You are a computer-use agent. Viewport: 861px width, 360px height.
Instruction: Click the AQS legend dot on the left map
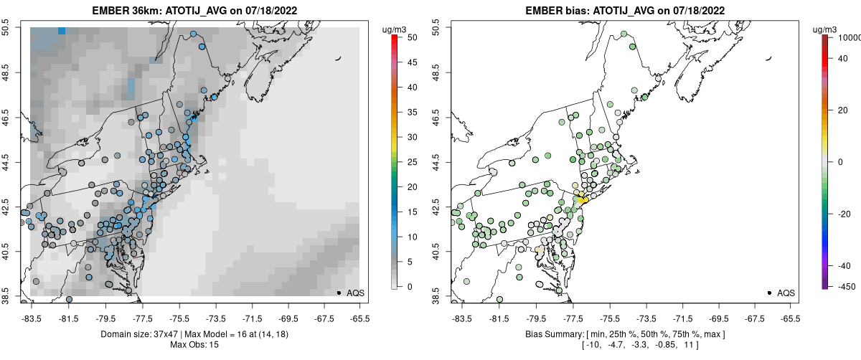[339, 293]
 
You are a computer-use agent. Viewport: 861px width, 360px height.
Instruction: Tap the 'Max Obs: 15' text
[195, 345]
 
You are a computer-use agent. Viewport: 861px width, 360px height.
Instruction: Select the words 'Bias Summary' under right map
[547, 334]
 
